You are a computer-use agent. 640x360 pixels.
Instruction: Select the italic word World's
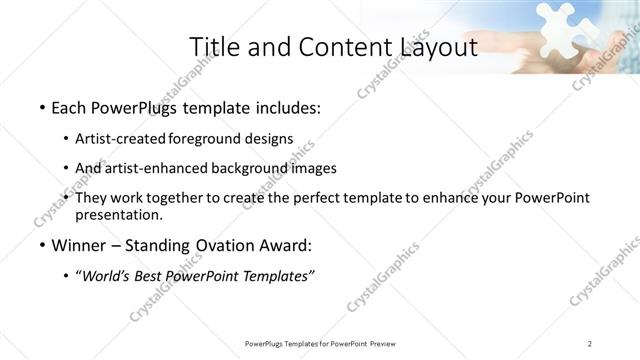tap(104, 275)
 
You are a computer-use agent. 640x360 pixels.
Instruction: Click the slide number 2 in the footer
tap(591, 344)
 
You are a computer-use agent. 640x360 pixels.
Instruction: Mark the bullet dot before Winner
tap(40, 245)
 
